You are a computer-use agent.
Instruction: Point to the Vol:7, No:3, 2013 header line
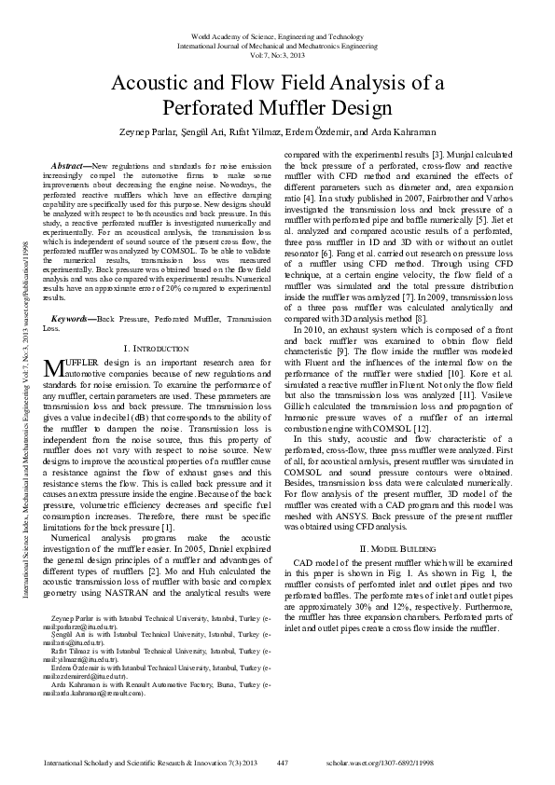277,54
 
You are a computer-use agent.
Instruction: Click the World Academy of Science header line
277,35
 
